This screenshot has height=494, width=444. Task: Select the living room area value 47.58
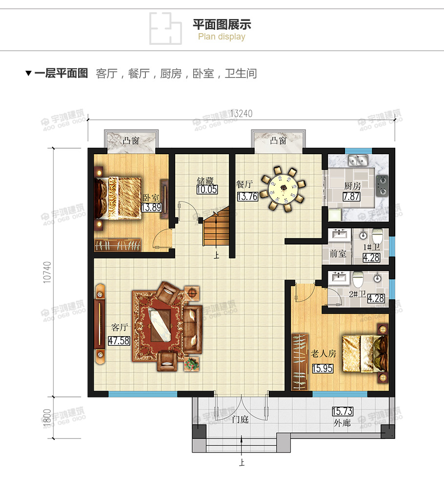coord(119,341)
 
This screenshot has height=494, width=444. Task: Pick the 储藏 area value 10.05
coord(207,190)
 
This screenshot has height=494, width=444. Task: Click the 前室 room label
coord(337,254)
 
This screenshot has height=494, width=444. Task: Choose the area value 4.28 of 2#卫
coord(376,298)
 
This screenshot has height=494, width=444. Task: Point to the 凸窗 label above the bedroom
coord(131,141)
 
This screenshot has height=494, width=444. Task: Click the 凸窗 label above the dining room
coord(278,141)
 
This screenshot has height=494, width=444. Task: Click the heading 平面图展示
coord(222,24)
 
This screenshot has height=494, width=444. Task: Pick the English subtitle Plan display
coord(222,37)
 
